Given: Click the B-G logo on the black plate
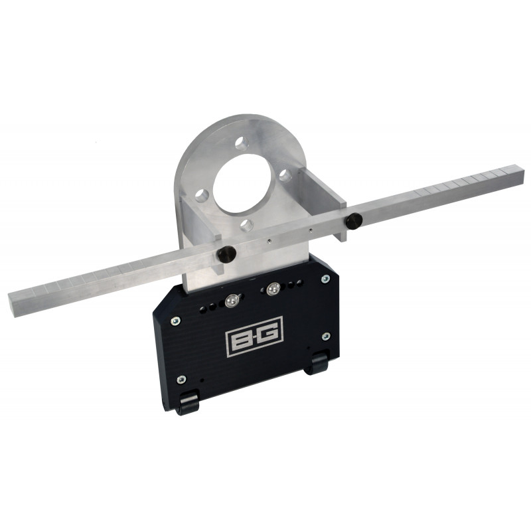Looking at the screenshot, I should coord(255,337).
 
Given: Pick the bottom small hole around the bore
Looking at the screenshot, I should coord(249,224).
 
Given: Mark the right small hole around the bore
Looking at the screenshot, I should coord(283,175).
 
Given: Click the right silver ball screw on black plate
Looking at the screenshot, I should coord(272,289).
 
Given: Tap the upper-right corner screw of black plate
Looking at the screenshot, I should coord(325,279).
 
